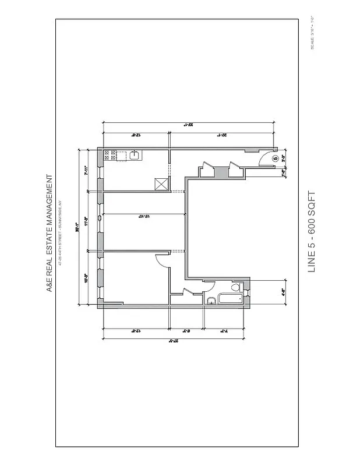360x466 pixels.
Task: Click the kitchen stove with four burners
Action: tap(108, 156)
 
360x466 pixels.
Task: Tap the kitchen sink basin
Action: tap(133, 155)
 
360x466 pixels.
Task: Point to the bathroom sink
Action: tap(211, 301)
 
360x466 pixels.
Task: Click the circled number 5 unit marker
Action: tap(275, 157)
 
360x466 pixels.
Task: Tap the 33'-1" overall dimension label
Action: tap(188, 124)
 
